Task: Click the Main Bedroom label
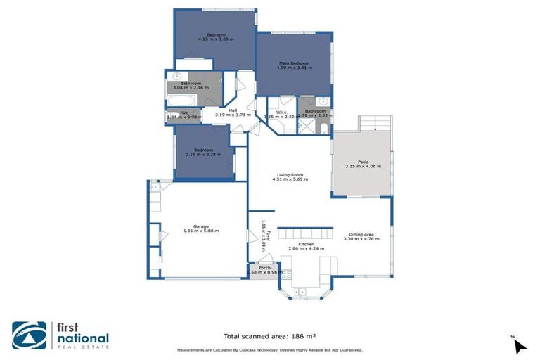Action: pos(295,64)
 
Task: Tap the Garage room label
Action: pos(200,226)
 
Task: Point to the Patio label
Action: pos(363,162)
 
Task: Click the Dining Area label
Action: pos(364,234)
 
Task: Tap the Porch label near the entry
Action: pos(264,268)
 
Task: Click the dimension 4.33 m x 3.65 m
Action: pos(216,39)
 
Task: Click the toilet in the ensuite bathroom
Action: pos(321,129)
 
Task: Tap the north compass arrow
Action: pos(520,346)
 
